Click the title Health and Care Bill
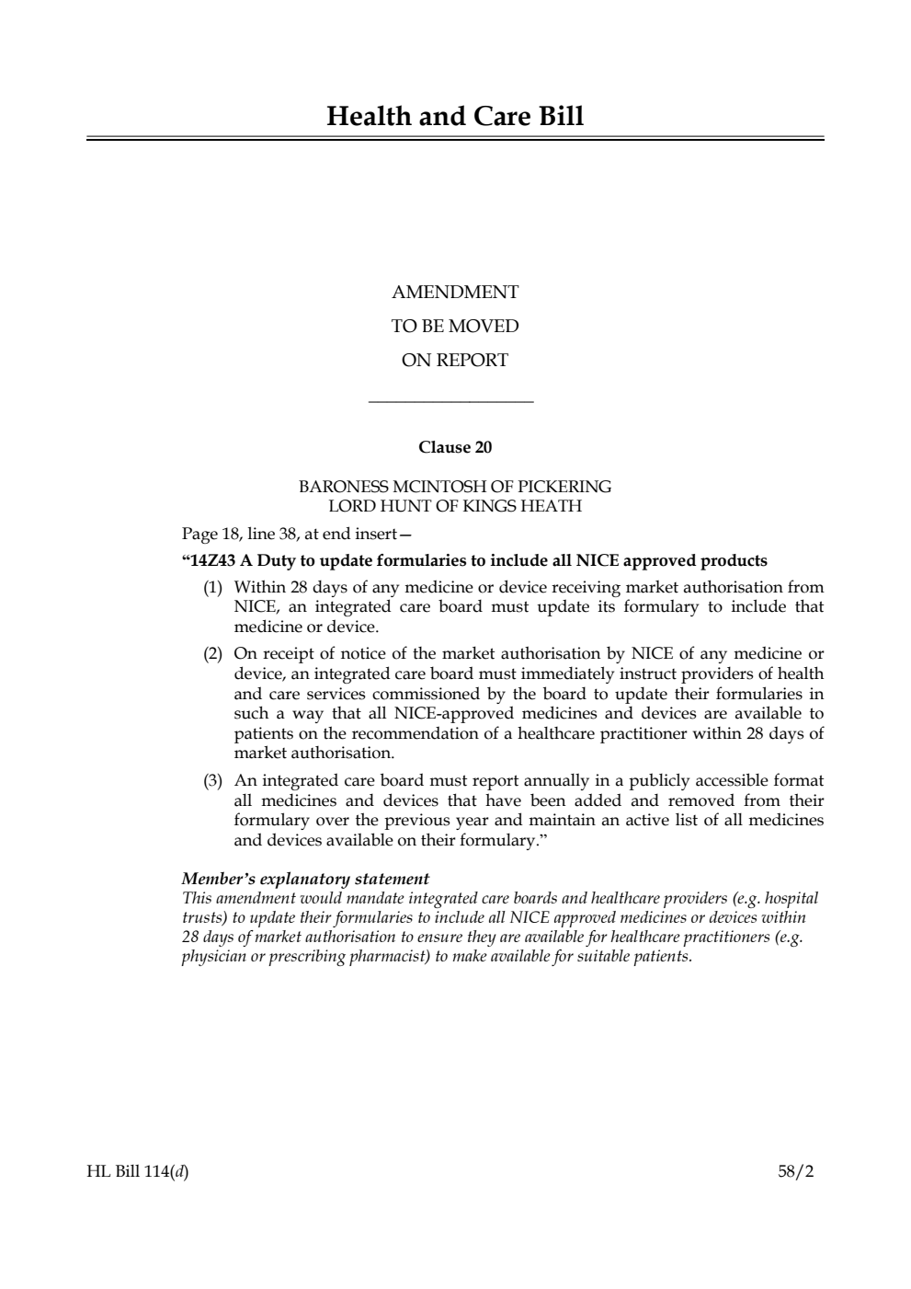click(x=455, y=117)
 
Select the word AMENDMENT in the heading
click(x=455, y=293)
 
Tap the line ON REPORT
click(x=455, y=361)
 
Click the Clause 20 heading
click(x=455, y=448)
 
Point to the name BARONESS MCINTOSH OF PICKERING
click(x=455, y=487)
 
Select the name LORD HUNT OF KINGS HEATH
click(x=455, y=506)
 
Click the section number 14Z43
click(x=212, y=561)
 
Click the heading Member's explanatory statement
click(x=305, y=879)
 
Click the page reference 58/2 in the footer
click(x=795, y=1172)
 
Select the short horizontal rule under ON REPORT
click(x=450, y=401)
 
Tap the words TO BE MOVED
click(x=455, y=327)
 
